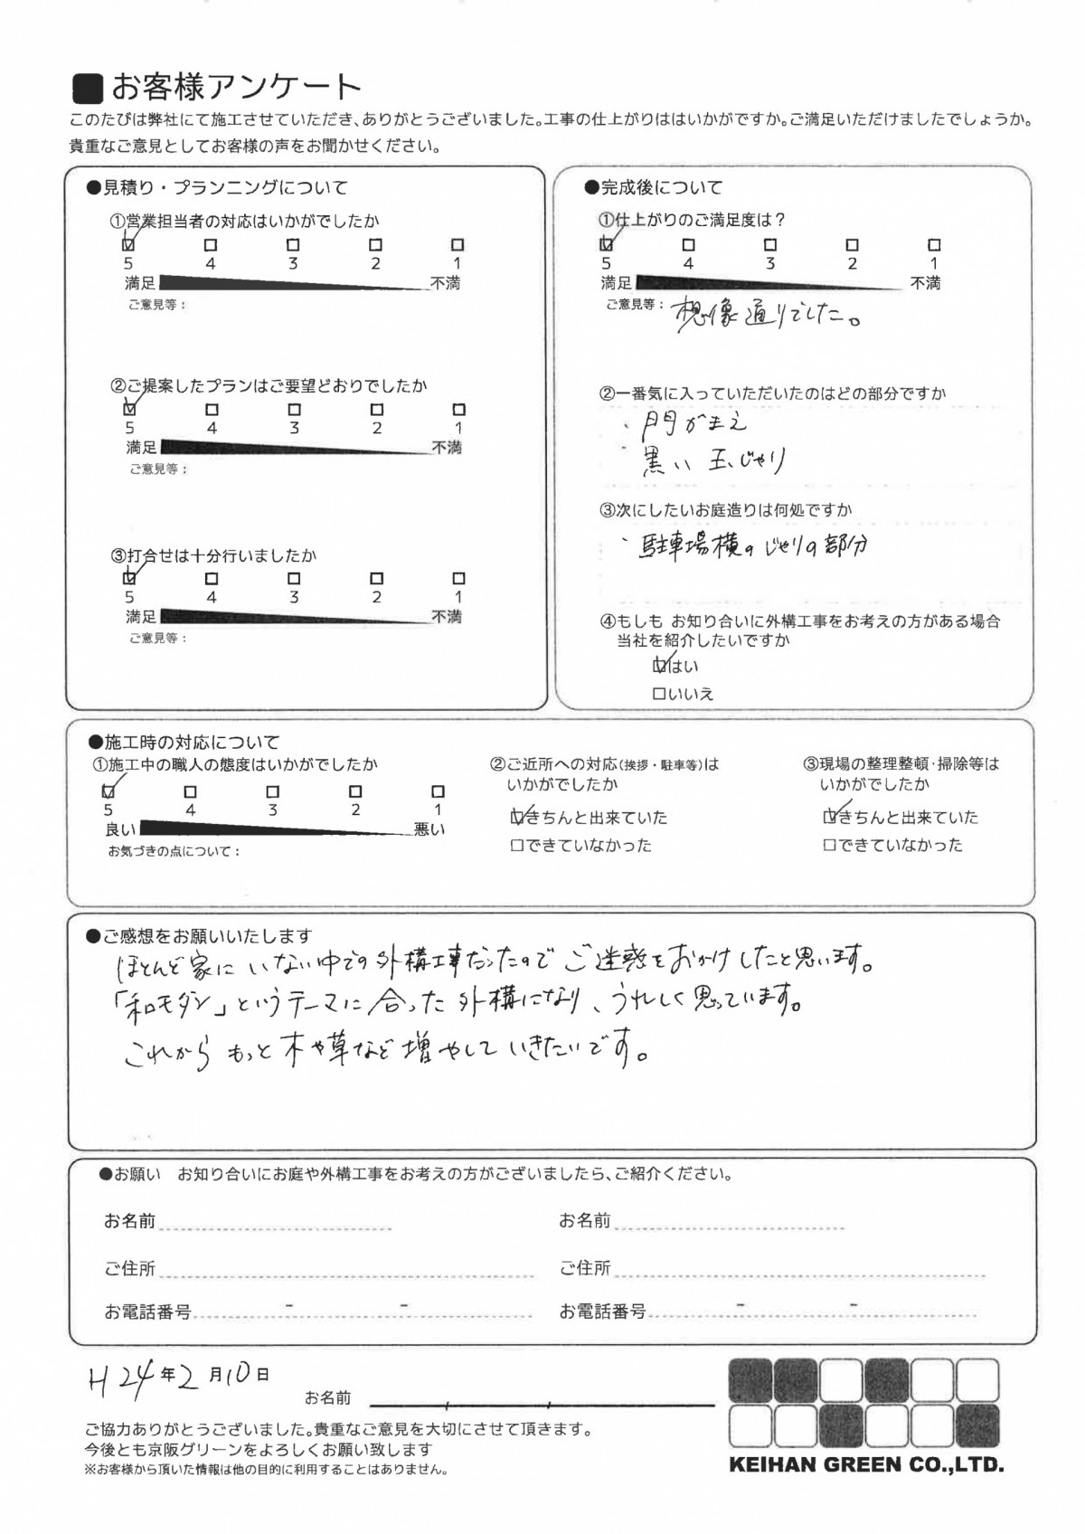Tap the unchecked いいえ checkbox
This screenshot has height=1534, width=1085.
pos(659,695)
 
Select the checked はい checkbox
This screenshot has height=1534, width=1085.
pos(660,667)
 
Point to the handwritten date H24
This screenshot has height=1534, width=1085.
pos(113,1378)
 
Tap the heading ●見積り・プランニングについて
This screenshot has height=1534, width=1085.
pos(216,188)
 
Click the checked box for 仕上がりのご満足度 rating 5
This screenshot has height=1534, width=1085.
pos(607,244)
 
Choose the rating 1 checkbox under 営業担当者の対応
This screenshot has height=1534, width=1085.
pos(458,244)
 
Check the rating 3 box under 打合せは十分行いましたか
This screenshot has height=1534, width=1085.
pos(294,578)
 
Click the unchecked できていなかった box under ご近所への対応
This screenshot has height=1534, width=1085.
pos(517,847)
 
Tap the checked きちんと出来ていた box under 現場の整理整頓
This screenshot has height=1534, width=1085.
pos(831,818)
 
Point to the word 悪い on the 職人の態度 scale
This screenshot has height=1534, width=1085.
pos(429,829)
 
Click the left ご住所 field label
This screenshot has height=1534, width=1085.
pos(130,1269)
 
